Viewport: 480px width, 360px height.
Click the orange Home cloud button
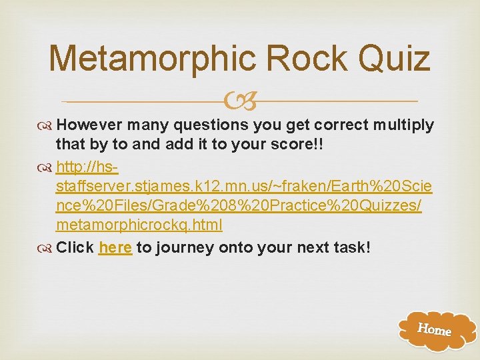pyautogui.click(x=434, y=329)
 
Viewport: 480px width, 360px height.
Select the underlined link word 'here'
pyautogui.click(x=115, y=248)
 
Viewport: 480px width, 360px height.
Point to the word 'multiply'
pyautogui.click(x=404, y=125)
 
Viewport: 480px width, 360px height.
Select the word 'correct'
pyautogui.click(x=342, y=125)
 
